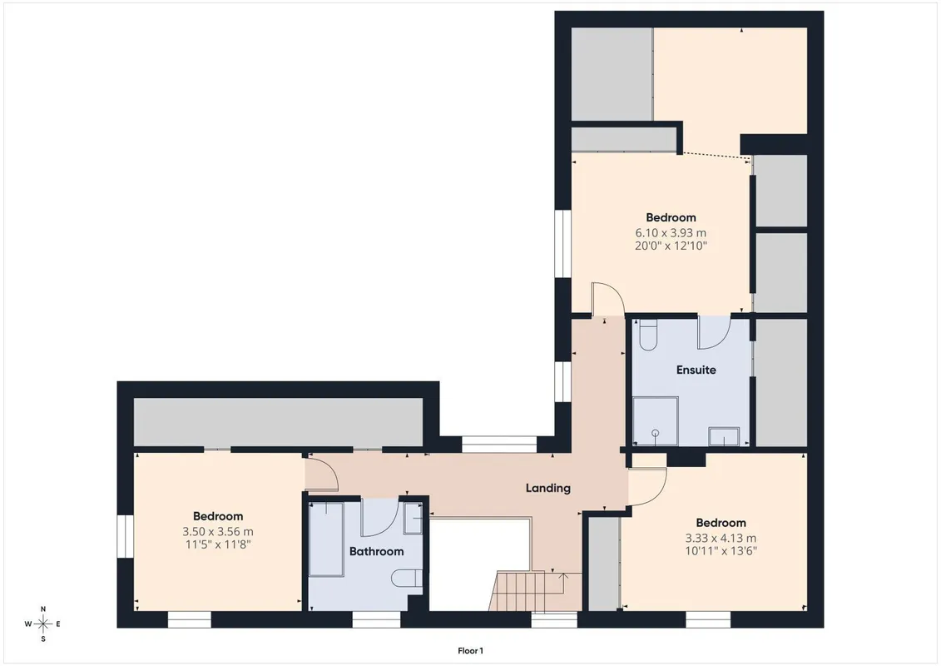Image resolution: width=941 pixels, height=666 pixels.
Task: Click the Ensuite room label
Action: click(x=696, y=370)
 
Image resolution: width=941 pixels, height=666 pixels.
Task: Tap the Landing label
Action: click(x=548, y=488)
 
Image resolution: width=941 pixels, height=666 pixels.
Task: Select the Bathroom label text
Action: click(x=376, y=551)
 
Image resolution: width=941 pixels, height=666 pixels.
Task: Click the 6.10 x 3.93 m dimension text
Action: click(x=671, y=232)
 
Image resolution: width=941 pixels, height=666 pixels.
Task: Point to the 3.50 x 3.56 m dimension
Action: click(x=218, y=531)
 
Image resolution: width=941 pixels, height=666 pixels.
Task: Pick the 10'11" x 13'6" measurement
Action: click(x=721, y=550)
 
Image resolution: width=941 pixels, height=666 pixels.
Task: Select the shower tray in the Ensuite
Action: click(x=656, y=421)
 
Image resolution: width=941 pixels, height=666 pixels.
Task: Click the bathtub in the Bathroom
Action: click(x=326, y=539)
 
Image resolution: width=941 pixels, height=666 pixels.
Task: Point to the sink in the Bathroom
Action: click(x=413, y=519)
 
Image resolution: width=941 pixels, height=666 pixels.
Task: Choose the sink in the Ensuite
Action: click(x=724, y=436)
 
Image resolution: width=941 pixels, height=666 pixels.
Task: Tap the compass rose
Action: click(x=43, y=624)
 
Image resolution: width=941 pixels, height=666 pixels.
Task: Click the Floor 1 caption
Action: click(x=471, y=651)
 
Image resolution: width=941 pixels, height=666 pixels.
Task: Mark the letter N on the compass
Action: click(x=43, y=609)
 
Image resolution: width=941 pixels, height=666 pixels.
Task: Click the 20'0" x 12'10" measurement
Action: click(x=671, y=246)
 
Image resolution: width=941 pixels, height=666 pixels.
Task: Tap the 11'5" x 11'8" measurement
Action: click(x=218, y=544)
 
